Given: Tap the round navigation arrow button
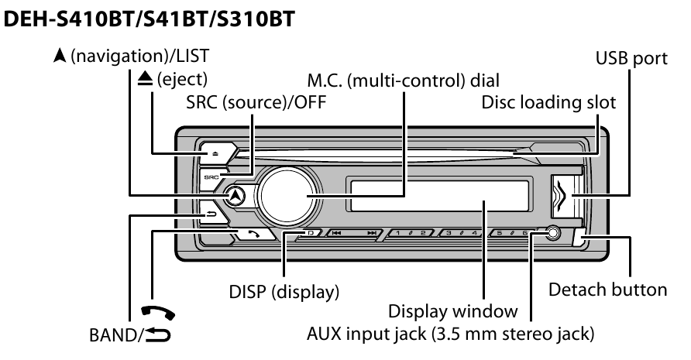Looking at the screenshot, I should click(x=237, y=196).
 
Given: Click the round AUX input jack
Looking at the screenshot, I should click(x=552, y=232).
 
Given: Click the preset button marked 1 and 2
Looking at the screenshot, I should click(x=409, y=232).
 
